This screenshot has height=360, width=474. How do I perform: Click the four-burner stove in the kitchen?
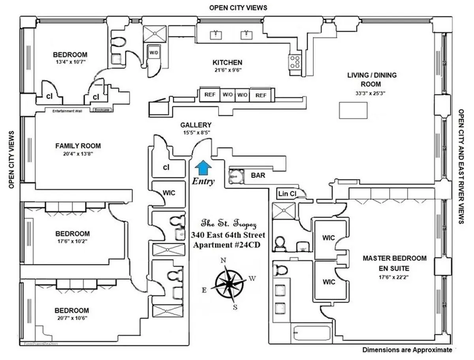click(x=295, y=61)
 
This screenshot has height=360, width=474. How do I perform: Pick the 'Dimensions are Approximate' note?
click(x=407, y=350)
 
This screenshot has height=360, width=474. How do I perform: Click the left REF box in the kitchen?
click(x=209, y=95)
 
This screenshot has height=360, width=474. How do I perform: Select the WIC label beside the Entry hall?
click(x=169, y=193)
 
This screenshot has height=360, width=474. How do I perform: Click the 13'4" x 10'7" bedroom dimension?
click(x=70, y=62)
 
